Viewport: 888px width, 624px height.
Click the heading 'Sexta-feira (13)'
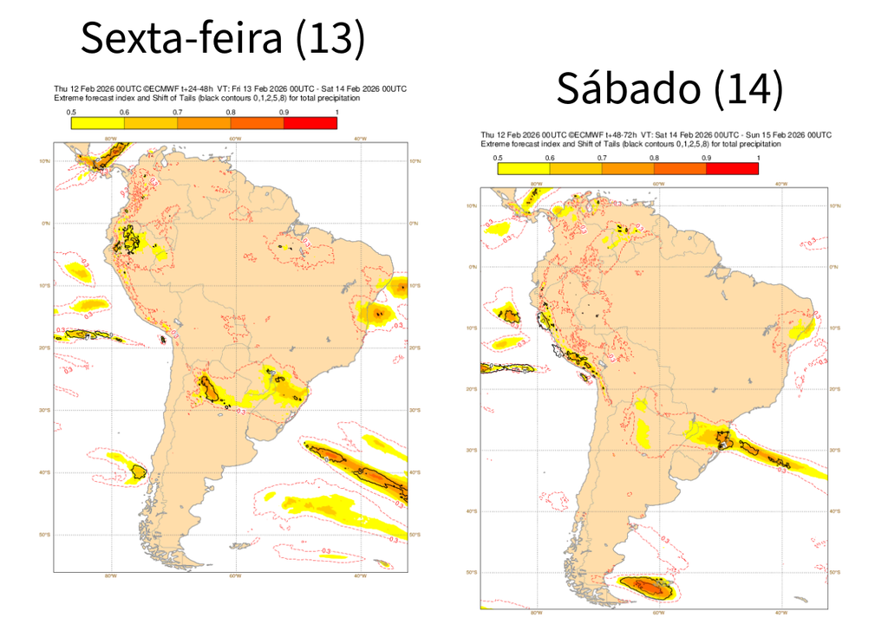point(223,38)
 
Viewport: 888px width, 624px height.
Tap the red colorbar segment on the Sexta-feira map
point(310,123)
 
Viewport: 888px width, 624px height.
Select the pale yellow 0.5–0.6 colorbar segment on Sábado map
point(523,168)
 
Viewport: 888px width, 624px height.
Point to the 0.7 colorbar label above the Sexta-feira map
point(177,113)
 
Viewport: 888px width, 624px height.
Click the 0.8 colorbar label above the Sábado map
point(654,158)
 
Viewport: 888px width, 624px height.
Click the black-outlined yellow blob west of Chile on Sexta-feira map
point(137,471)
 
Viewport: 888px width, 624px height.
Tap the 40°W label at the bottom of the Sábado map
point(780,609)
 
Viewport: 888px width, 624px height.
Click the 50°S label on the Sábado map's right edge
point(834,573)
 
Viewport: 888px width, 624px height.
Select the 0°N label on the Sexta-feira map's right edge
point(415,223)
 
